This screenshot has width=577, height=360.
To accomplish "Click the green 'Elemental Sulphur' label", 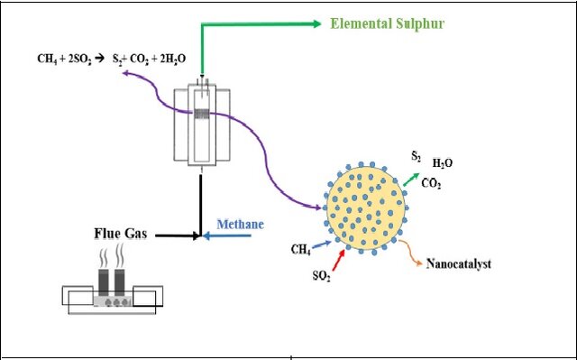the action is (x=387, y=24).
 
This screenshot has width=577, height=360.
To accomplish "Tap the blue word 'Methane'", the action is (x=241, y=224).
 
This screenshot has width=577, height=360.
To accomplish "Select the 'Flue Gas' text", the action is (x=121, y=234).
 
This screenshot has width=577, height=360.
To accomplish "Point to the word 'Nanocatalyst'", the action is (x=459, y=263).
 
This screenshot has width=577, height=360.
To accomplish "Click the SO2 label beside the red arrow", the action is (x=322, y=275).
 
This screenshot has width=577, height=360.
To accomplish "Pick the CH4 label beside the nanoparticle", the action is (x=300, y=250).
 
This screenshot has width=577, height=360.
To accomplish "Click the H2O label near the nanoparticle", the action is (x=443, y=163).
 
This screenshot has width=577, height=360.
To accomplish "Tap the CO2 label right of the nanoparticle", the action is (x=431, y=183).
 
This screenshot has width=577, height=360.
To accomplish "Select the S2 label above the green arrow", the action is (x=417, y=156).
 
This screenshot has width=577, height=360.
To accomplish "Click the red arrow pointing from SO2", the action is (x=339, y=260).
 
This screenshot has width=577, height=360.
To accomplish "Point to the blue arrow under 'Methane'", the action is (x=227, y=235).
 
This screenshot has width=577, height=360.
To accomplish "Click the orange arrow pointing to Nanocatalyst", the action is (x=410, y=252).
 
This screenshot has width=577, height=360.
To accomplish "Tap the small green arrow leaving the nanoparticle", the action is (x=411, y=180).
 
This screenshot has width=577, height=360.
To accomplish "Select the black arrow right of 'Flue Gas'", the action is (x=178, y=235).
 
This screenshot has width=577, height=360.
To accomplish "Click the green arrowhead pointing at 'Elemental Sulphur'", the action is (x=316, y=24).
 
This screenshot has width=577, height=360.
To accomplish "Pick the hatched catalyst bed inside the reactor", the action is (x=202, y=114).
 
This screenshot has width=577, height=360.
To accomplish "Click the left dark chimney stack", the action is (x=104, y=282).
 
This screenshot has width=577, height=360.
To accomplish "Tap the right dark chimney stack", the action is (x=119, y=282).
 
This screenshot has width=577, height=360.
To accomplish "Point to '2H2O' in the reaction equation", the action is (x=173, y=59).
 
